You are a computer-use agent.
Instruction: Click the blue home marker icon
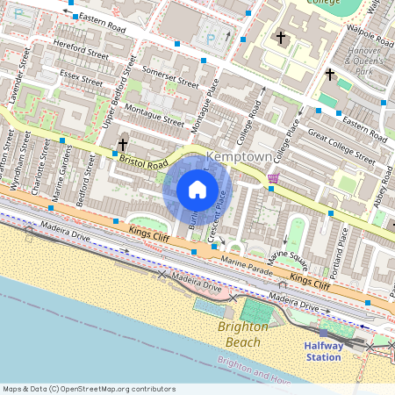[197, 190]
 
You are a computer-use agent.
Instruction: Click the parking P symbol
[209, 39]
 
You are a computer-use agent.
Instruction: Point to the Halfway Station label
[323, 351]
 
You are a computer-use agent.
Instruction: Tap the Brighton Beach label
[243, 334]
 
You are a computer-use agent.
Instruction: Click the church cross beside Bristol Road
[123, 144]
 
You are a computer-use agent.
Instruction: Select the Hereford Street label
[80, 54]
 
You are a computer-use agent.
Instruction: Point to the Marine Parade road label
[246, 261]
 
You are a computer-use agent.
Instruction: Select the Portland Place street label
[344, 244]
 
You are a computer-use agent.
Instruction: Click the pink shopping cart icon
[273, 178]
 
